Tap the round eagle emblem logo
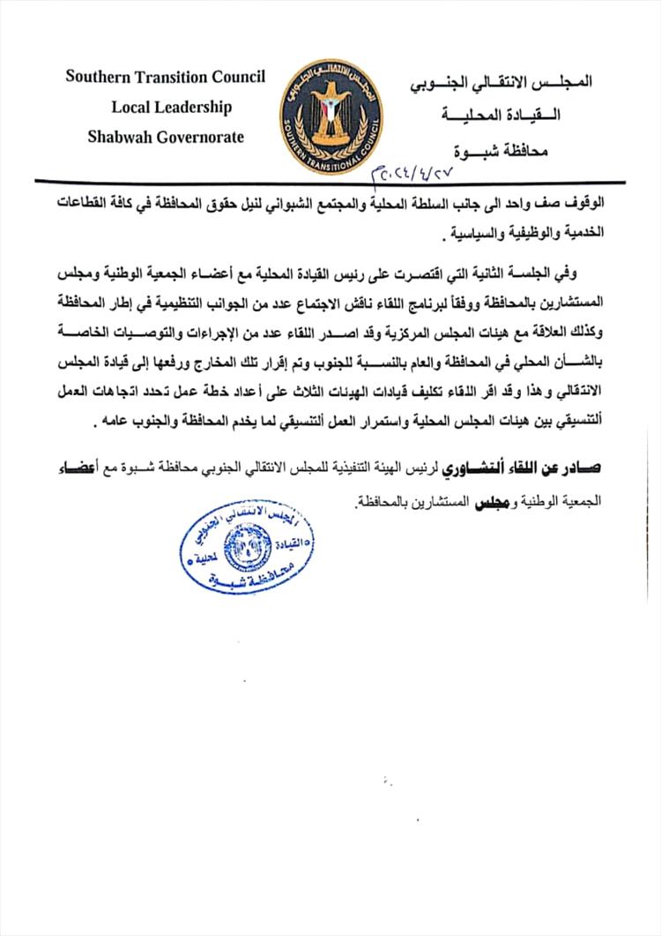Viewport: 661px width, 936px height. tap(331, 114)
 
